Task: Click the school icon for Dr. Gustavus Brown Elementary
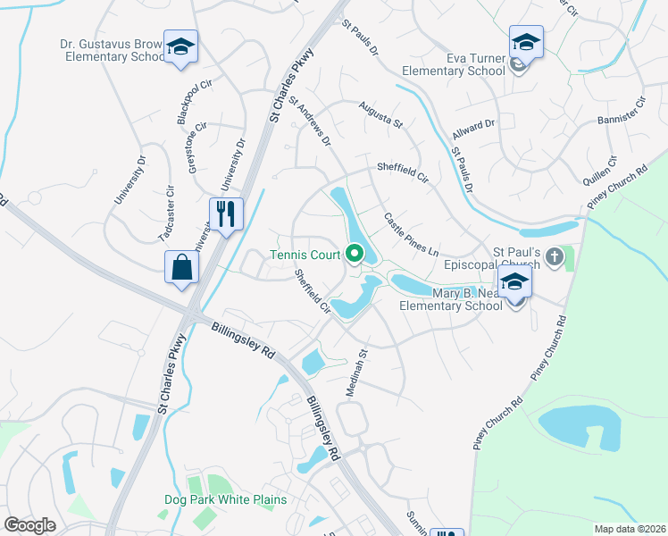pos(181,47)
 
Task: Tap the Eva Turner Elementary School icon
pos(526,43)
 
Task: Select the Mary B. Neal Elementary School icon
pos(514,285)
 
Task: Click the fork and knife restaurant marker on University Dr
pos(225,214)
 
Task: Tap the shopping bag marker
pos(181,267)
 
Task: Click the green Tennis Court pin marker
pos(355,255)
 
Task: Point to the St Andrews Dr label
pos(309,122)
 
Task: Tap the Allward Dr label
pos(473,131)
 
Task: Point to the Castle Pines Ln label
pos(412,233)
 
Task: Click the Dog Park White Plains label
pos(225,499)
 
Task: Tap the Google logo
pos(30,524)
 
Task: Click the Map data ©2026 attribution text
pos(629,529)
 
